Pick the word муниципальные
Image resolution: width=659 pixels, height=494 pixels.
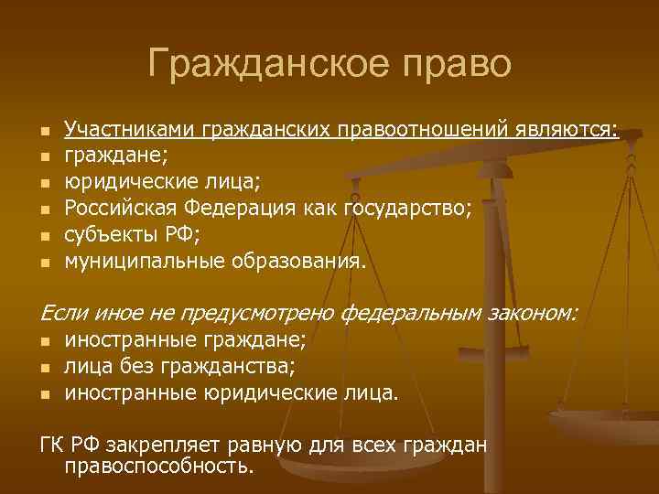[x=130, y=263]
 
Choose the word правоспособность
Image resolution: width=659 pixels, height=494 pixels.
[x=159, y=467]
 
